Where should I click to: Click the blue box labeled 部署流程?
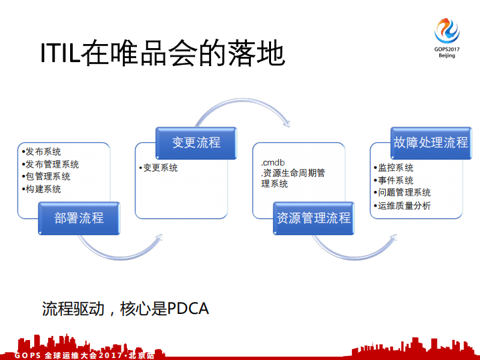(79, 218)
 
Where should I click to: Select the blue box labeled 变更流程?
(196, 142)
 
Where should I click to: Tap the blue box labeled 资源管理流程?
(313, 218)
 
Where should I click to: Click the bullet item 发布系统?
(43, 152)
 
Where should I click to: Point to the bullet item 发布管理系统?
(52, 164)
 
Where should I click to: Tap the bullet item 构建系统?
(43, 189)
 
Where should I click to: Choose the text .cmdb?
(273, 162)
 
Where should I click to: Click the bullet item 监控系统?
(395, 168)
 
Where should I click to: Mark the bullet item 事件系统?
(395, 180)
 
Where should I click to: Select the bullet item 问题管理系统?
(404, 193)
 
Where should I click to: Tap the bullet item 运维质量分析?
(404, 206)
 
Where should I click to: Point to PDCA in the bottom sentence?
(188, 309)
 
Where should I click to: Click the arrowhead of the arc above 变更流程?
(287, 122)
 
